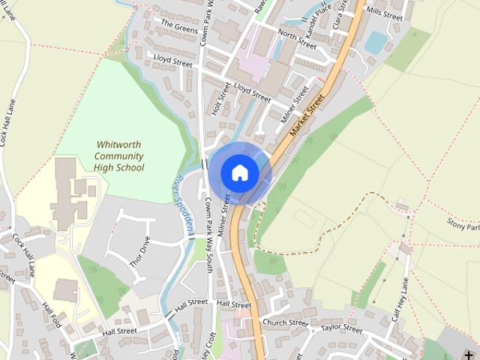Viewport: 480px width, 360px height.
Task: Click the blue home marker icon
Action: (239, 172)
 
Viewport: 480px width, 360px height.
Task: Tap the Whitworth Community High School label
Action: (119, 156)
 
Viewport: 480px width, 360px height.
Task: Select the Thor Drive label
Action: (140, 251)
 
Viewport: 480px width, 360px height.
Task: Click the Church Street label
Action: (285, 322)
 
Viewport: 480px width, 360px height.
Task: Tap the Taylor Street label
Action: (341, 328)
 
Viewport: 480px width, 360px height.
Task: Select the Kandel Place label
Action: (325, 16)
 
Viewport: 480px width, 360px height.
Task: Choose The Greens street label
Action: (179, 27)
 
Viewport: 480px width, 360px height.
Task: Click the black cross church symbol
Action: (469, 355)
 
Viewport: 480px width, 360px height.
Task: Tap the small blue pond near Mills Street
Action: (375, 42)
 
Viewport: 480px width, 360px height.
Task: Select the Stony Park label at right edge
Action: (463, 226)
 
